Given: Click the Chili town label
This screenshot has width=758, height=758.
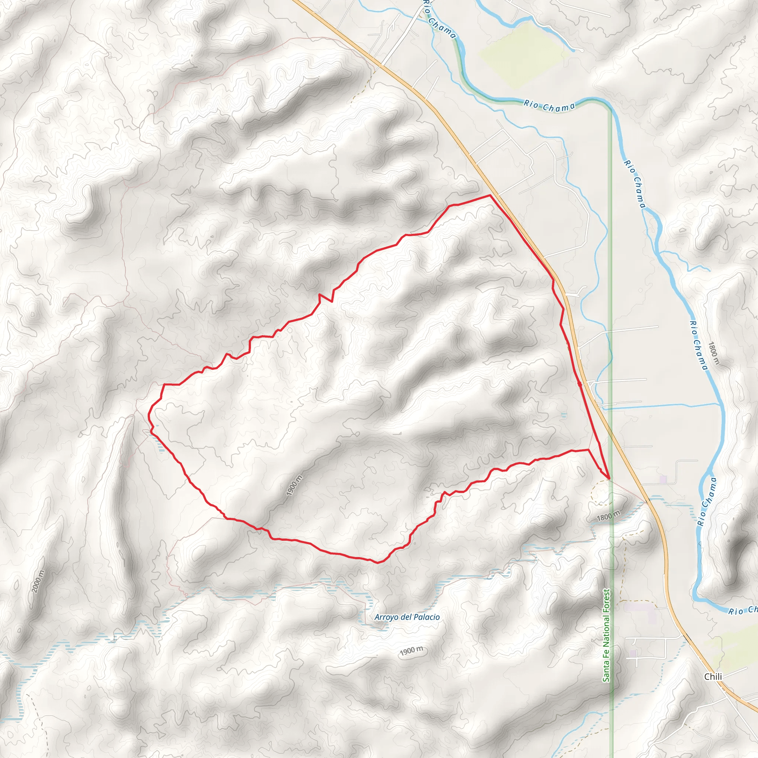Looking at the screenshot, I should [712, 677].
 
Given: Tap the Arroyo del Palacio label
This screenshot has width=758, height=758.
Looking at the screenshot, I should [407, 617].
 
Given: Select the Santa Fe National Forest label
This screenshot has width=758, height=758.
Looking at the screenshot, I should [607, 635].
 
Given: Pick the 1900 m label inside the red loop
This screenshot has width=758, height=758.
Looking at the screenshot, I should [294, 485].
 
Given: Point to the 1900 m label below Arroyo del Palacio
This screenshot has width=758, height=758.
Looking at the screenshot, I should [412, 651].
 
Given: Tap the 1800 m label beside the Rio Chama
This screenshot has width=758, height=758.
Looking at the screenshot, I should [714, 353].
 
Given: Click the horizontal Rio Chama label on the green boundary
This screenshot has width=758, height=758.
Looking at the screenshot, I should [549, 106].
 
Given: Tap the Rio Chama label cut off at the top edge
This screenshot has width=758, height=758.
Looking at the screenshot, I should [440, 20].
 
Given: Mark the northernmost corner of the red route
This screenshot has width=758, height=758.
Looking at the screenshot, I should [490, 195].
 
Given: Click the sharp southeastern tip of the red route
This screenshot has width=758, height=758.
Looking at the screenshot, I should [609, 479].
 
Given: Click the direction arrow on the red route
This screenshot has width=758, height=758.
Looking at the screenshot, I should [580, 384].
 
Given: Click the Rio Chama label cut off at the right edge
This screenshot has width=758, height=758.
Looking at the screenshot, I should [743, 610].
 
